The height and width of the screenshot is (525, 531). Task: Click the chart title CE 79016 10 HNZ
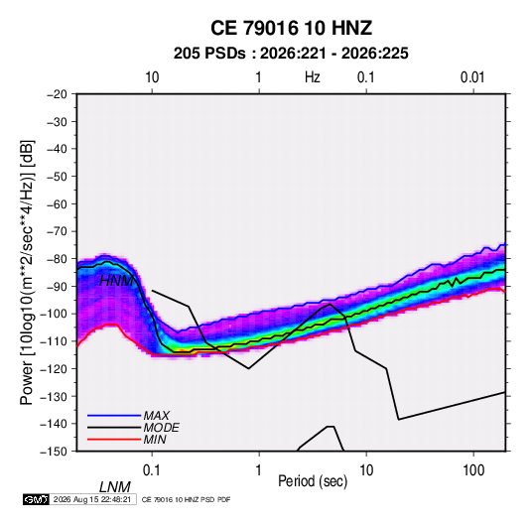(x=291, y=28)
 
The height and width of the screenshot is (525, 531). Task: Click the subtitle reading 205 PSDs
(x=209, y=54)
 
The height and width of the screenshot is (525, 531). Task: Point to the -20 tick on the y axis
(x=57, y=94)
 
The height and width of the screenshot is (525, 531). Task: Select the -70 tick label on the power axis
(x=57, y=231)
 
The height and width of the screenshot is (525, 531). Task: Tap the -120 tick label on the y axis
(x=54, y=368)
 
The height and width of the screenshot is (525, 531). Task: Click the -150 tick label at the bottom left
(x=54, y=452)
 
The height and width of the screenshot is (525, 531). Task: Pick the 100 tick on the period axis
(x=473, y=470)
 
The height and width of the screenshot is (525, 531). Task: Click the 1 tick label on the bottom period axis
(x=259, y=470)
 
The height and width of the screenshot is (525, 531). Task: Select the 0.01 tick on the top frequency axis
(x=472, y=77)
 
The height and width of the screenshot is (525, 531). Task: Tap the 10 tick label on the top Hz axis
(x=152, y=77)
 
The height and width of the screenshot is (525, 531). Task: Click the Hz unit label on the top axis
(x=313, y=77)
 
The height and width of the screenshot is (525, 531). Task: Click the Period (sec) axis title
(x=313, y=481)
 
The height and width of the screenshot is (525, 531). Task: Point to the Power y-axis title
(x=27, y=273)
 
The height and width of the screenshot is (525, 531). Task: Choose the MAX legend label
(x=157, y=416)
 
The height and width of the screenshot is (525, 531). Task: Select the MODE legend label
(x=161, y=428)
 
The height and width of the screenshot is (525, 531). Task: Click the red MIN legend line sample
(x=114, y=440)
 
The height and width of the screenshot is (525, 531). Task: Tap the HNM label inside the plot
(x=116, y=281)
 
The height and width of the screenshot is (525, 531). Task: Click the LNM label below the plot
(x=115, y=487)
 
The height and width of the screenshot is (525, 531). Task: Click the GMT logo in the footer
(x=37, y=499)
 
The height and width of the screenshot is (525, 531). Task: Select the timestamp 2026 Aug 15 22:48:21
(x=92, y=499)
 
